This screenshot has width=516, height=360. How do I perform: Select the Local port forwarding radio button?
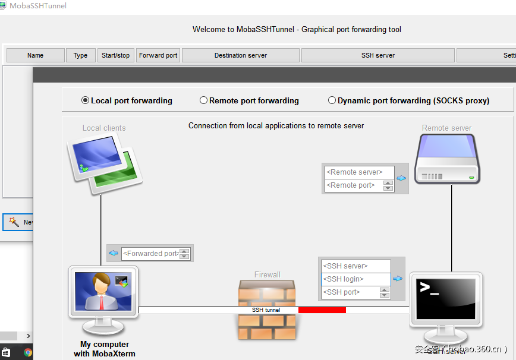86,100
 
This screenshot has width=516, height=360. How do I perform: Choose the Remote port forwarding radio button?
204,100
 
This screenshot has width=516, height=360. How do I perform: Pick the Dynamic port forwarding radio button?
332,100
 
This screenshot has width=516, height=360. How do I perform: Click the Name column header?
36,55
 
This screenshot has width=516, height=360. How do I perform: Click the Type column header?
81,55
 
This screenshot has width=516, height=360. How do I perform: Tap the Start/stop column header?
116,55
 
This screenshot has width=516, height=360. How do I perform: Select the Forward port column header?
158,55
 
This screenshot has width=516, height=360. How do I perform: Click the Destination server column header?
241,55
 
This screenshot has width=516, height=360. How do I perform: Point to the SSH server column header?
378,55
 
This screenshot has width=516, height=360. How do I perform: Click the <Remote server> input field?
359,172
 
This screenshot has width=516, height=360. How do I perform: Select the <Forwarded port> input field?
150,254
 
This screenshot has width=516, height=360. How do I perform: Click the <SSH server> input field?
355,266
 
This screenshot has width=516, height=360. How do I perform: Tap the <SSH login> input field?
355,279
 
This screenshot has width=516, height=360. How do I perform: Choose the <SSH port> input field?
350,292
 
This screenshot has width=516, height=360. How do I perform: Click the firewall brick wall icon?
267,310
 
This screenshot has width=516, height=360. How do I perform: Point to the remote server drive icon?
447,159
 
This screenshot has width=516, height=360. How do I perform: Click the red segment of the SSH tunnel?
322,310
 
